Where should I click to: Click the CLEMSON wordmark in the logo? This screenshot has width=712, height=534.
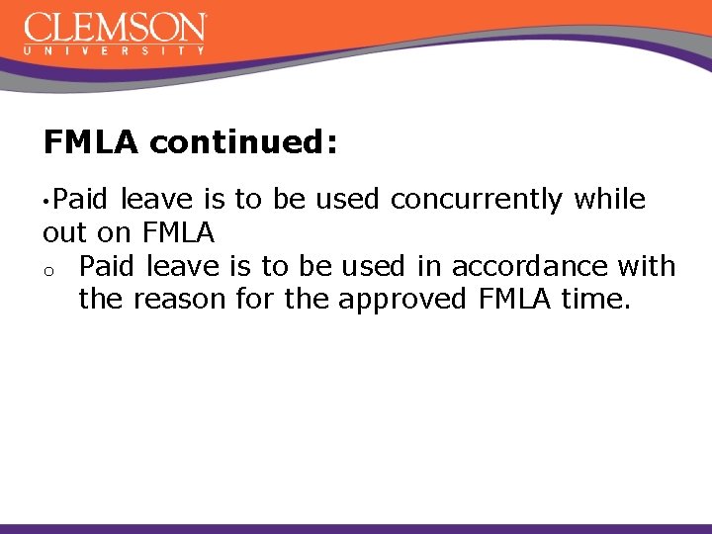(x=115, y=27)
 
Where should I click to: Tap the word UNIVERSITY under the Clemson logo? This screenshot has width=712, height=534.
(x=115, y=48)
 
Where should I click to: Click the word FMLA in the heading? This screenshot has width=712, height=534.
(x=91, y=143)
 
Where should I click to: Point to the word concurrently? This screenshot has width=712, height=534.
(x=477, y=200)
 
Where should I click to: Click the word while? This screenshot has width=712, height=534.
(x=609, y=200)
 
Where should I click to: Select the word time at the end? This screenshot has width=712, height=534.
(x=594, y=299)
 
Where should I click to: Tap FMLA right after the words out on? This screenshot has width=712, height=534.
(x=178, y=233)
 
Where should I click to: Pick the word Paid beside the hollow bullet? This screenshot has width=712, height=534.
(x=109, y=266)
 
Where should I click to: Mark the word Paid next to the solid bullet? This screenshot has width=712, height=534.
(x=83, y=200)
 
